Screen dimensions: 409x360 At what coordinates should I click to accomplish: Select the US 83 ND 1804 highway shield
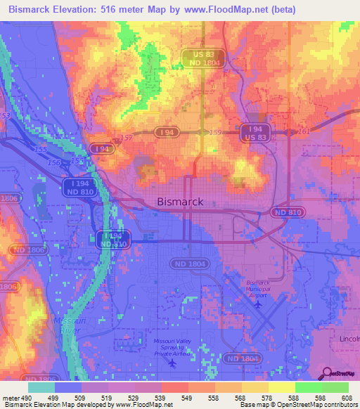(x=198, y=58)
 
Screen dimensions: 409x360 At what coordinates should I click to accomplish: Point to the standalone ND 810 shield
(x=287, y=212)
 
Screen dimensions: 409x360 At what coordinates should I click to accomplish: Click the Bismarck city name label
(x=179, y=202)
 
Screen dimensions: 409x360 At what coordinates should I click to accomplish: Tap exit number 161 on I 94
(x=303, y=131)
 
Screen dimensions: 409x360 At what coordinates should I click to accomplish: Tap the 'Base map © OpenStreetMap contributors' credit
(x=297, y=405)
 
